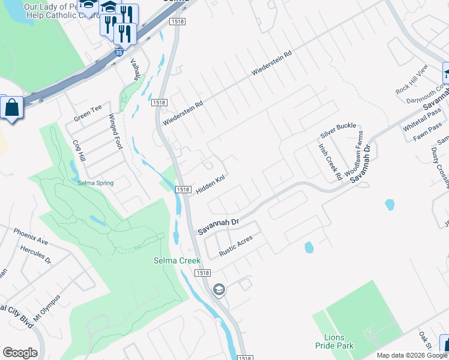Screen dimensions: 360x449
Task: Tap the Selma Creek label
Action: (x=176, y=260)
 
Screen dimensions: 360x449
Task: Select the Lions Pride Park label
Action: (x=334, y=341)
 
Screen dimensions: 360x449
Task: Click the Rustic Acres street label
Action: (x=235, y=246)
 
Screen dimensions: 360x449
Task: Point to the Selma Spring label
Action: (x=95, y=182)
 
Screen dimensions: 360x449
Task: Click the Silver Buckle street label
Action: (x=337, y=130)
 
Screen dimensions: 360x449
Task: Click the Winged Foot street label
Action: (x=117, y=132)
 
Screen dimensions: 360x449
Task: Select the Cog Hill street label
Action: (x=78, y=154)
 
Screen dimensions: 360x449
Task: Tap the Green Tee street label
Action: (x=88, y=113)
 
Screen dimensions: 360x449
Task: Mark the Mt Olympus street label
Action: (x=47, y=308)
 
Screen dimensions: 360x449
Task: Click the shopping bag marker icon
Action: (x=11, y=109)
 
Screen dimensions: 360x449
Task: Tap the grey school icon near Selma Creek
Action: (x=218, y=290)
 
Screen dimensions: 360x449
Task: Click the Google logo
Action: (x=20, y=353)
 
